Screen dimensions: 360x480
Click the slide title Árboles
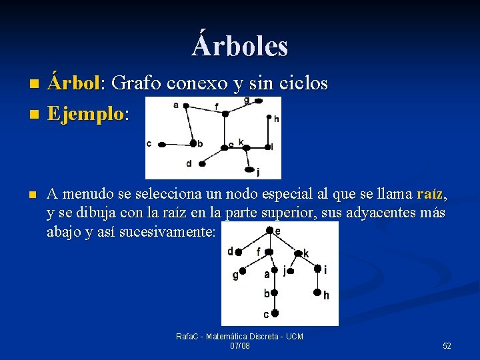pyautogui.click(x=240, y=45)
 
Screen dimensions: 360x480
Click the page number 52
pyautogui.click(x=447, y=345)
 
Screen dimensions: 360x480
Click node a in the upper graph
pyautogui.click(x=186, y=105)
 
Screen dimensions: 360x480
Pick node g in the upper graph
pyautogui.click(x=258, y=101)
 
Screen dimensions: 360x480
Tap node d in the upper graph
pyautogui.click(x=199, y=163)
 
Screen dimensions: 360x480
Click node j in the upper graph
pyautogui.click(x=251, y=169)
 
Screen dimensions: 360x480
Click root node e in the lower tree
pyautogui.click(x=269, y=231)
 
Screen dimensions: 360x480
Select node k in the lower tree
pyautogui.click(x=297, y=253)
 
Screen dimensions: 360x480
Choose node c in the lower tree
pyautogui.click(x=275, y=313)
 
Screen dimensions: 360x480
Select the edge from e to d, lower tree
pyautogui.click(x=253, y=241)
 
